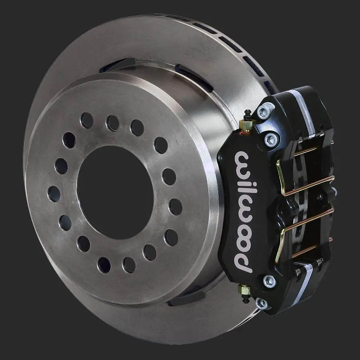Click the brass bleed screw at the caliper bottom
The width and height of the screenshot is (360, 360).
pos(244,290)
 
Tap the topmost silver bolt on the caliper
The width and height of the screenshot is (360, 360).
pos(264,111)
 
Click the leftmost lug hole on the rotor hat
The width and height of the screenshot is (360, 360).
pos(54,194)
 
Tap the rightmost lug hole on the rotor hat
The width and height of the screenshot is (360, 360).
pos(176,207)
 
